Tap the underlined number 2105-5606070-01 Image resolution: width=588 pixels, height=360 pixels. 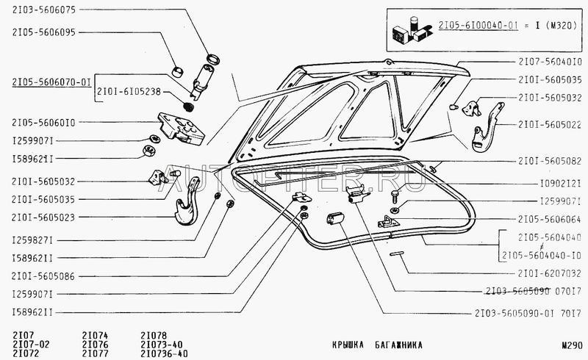click(50, 84)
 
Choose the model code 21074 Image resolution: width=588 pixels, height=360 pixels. click(94, 335)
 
